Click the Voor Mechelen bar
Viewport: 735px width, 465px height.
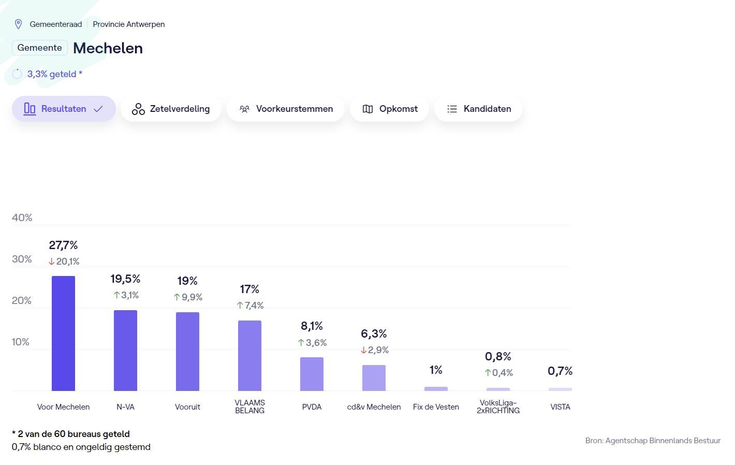click(x=63, y=333)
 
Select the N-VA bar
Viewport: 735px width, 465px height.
click(x=125, y=351)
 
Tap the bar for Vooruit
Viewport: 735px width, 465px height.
click(x=187, y=352)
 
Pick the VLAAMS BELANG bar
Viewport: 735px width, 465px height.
click(x=249, y=356)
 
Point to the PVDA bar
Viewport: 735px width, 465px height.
click(x=312, y=374)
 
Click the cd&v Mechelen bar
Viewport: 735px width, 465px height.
click(x=374, y=378)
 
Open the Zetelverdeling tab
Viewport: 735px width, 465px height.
click(x=171, y=109)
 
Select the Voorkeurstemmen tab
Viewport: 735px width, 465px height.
click(x=286, y=109)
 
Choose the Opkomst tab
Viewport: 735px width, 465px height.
click(x=390, y=109)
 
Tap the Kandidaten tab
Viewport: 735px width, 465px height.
click(x=478, y=109)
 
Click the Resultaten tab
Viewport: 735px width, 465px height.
click(x=64, y=109)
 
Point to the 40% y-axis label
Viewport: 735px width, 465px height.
click(x=22, y=217)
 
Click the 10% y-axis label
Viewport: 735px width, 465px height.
click(x=21, y=342)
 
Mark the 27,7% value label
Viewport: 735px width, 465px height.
click(x=63, y=245)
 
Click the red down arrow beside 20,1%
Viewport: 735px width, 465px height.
click(x=52, y=261)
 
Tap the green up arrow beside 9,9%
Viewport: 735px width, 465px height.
click(x=177, y=297)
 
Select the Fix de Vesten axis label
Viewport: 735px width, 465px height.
click(x=436, y=407)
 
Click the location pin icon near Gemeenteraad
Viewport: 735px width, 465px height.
click(x=18, y=24)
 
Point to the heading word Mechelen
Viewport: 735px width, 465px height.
click(x=108, y=48)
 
